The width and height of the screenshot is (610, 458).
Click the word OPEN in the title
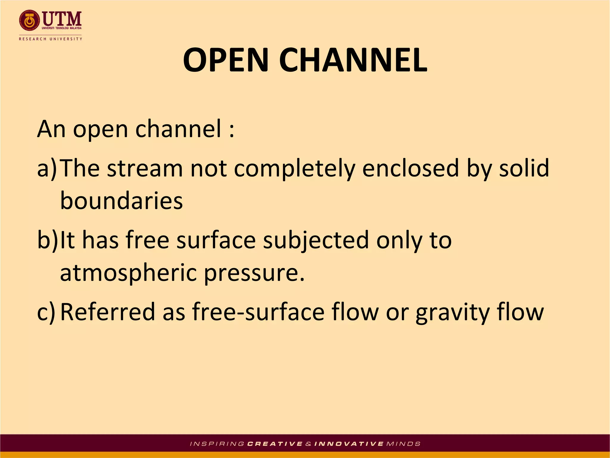(226, 60)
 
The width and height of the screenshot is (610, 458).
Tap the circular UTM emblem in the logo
(29, 21)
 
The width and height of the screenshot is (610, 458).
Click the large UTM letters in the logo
(62, 18)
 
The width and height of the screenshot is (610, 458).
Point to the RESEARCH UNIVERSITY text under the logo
(50, 39)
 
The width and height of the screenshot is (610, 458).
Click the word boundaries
(121, 201)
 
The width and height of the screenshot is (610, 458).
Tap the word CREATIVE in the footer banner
(275, 444)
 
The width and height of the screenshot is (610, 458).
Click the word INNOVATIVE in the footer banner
(349, 444)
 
